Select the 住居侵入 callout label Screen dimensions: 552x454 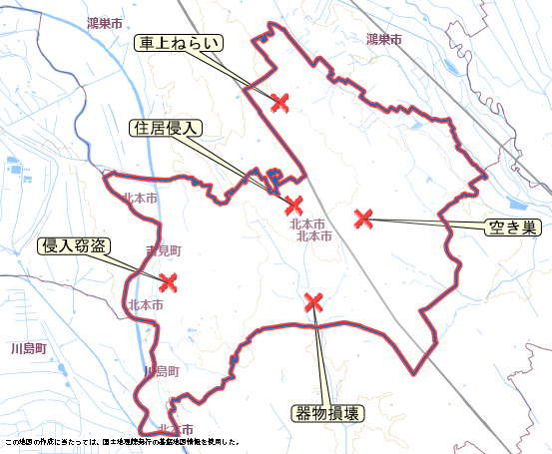click(167, 129)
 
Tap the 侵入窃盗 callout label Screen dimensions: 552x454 click(73, 245)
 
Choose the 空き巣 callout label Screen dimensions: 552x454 click(512, 227)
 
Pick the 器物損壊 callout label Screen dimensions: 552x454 click(328, 413)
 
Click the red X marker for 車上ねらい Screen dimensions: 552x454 click(280, 101)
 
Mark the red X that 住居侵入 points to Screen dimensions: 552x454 click(293, 206)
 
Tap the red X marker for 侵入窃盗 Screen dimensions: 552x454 click(168, 282)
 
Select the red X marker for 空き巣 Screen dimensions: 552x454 click(363, 217)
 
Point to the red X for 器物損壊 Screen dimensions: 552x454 click(314, 300)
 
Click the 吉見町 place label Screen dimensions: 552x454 click(163, 249)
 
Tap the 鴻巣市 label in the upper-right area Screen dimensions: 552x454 click(383, 40)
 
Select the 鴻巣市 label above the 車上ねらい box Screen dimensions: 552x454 click(105, 21)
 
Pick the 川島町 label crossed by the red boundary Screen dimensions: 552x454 click(160, 371)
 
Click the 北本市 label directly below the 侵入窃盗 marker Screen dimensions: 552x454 click(146, 305)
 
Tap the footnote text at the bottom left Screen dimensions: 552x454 click(121, 441)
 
